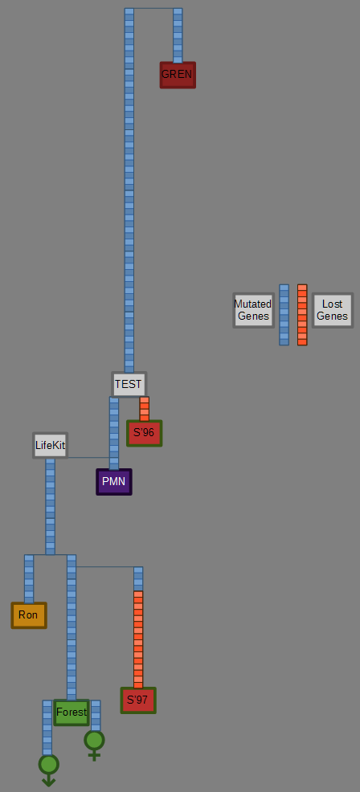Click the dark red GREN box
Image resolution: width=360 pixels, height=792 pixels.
[x=178, y=75]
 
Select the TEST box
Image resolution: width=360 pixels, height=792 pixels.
[x=129, y=385]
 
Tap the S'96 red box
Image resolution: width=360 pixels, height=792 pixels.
[x=144, y=434]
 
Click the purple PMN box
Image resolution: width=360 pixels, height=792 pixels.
[x=114, y=482]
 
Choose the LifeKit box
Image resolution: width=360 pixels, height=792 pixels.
[x=50, y=446]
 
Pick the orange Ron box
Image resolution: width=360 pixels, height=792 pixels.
[x=29, y=615]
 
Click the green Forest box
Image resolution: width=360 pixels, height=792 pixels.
[x=72, y=712]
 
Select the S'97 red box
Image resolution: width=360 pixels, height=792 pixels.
[x=138, y=700]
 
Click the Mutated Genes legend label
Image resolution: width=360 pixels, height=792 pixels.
[x=253, y=310]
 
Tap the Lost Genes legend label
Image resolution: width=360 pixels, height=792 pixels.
[x=332, y=310]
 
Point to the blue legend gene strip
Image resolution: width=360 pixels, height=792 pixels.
[x=284, y=315]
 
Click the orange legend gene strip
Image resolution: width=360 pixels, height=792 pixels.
[x=302, y=315]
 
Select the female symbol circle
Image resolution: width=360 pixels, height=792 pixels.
[x=94, y=741]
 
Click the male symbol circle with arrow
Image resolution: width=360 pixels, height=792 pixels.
[x=48, y=765]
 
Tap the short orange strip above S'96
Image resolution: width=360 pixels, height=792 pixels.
[x=144, y=409]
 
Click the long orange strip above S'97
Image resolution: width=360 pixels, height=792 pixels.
[x=138, y=639]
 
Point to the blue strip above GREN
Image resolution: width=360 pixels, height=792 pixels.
[x=178, y=35]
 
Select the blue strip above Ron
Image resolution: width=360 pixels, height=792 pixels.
[x=29, y=579]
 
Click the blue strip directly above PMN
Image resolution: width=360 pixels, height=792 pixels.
[x=114, y=434]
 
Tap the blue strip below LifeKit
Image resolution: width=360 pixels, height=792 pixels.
[x=50, y=507]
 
